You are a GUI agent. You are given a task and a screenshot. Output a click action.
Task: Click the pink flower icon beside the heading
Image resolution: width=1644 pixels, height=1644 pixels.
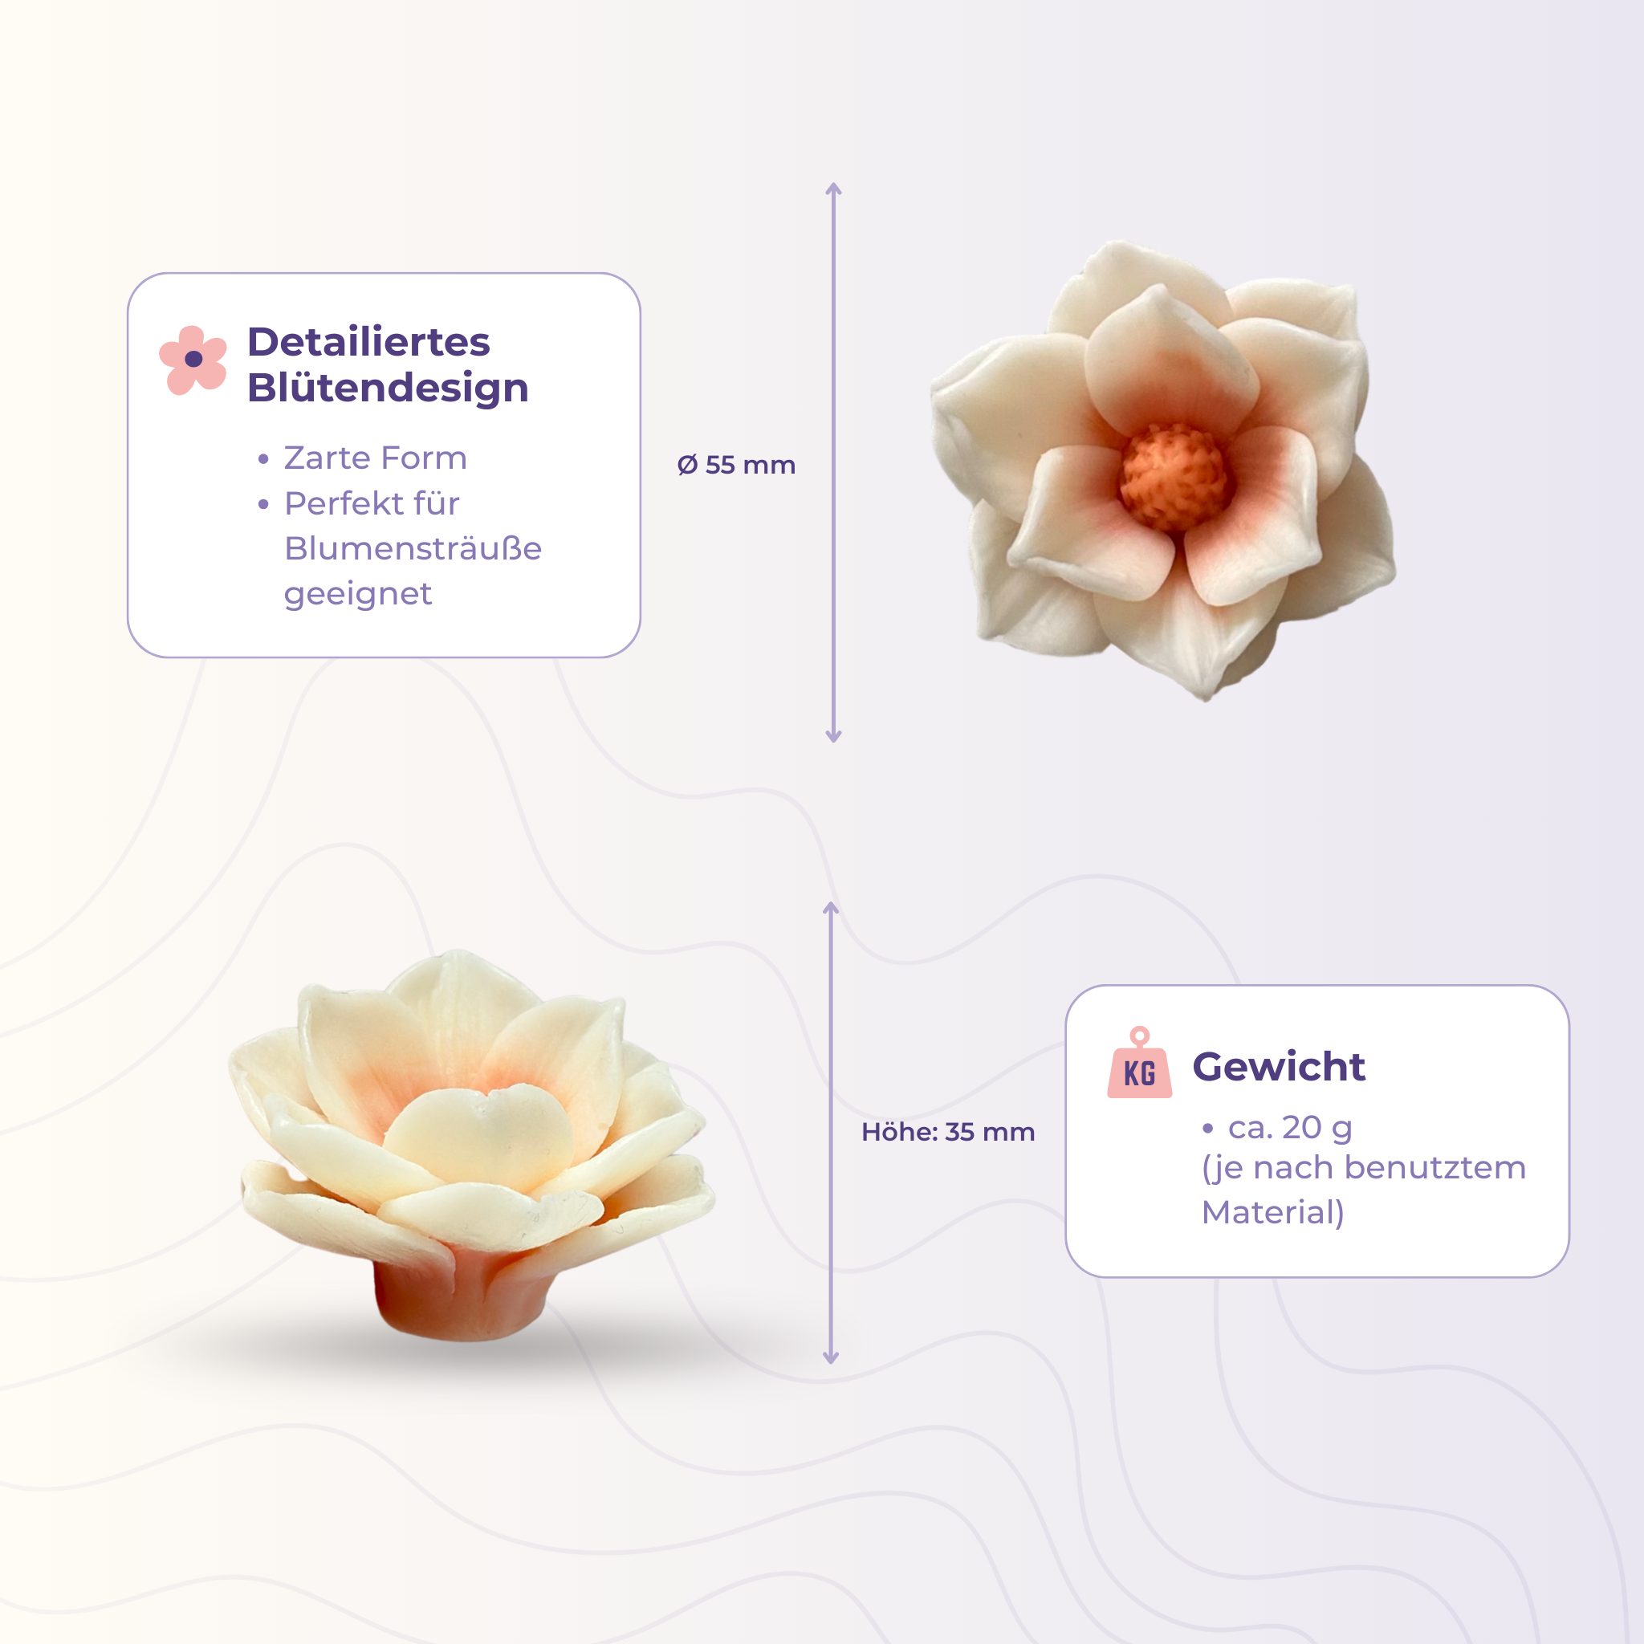click(x=193, y=359)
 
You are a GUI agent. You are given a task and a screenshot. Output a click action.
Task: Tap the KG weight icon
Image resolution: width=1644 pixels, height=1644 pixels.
click(x=1139, y=1065)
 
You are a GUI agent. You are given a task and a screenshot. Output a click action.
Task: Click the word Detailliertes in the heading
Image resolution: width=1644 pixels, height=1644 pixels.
click(x=368, y=342)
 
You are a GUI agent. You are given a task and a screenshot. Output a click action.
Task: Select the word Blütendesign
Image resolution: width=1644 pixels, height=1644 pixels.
click(x=387, y=388)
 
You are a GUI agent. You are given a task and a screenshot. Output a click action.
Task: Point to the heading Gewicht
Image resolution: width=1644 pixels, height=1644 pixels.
click(x=1278, y=1067)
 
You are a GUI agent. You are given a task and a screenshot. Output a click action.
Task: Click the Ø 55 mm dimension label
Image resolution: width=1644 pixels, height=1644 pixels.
click(x=736, y=466)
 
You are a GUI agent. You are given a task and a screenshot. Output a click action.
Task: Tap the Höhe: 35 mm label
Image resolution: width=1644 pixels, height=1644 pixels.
click(x=948, y=1132)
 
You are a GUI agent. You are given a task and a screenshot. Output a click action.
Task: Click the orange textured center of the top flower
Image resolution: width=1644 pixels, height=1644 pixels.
click(x=1174, y=477)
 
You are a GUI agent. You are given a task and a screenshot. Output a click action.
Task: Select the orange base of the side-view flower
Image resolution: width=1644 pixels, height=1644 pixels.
click(x=459, y=1302)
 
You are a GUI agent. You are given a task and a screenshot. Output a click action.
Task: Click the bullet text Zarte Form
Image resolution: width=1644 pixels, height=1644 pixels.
click(x=375, y=458)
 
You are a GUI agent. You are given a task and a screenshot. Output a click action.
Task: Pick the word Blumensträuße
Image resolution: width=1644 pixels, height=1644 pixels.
click(x=413, y=549)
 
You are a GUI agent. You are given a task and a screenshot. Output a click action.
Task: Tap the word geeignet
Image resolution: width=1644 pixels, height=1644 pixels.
click(x=357, y=594)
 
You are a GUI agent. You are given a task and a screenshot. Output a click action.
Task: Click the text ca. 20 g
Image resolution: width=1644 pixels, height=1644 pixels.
click(x=1289, y=1128)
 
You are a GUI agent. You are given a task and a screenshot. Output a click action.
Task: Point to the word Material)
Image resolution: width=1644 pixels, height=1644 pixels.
click(x=1272, y=1213)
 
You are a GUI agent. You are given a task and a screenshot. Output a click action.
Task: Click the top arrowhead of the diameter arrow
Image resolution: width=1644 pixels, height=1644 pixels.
click(x=834, y=187)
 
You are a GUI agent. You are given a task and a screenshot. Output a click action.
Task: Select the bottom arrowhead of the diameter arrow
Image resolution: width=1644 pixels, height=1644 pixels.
click(x=834, y=737)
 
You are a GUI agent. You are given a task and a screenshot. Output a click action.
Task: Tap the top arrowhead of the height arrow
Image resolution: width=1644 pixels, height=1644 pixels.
click(x=832, y=907)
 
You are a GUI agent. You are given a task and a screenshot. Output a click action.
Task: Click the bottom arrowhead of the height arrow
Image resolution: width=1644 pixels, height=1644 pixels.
click(x=832, y=1358)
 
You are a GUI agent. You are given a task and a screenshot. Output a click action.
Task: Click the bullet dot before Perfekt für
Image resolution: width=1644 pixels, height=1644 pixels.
click(x=264, y=505)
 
